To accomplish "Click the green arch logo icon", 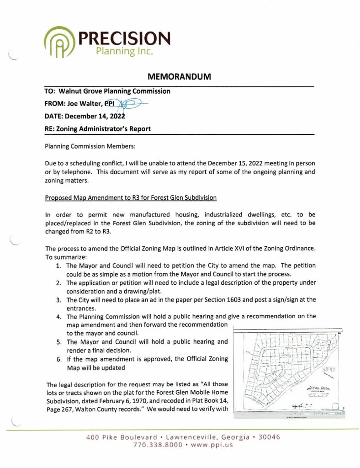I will point(60,43).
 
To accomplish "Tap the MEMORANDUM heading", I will point(180,77).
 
